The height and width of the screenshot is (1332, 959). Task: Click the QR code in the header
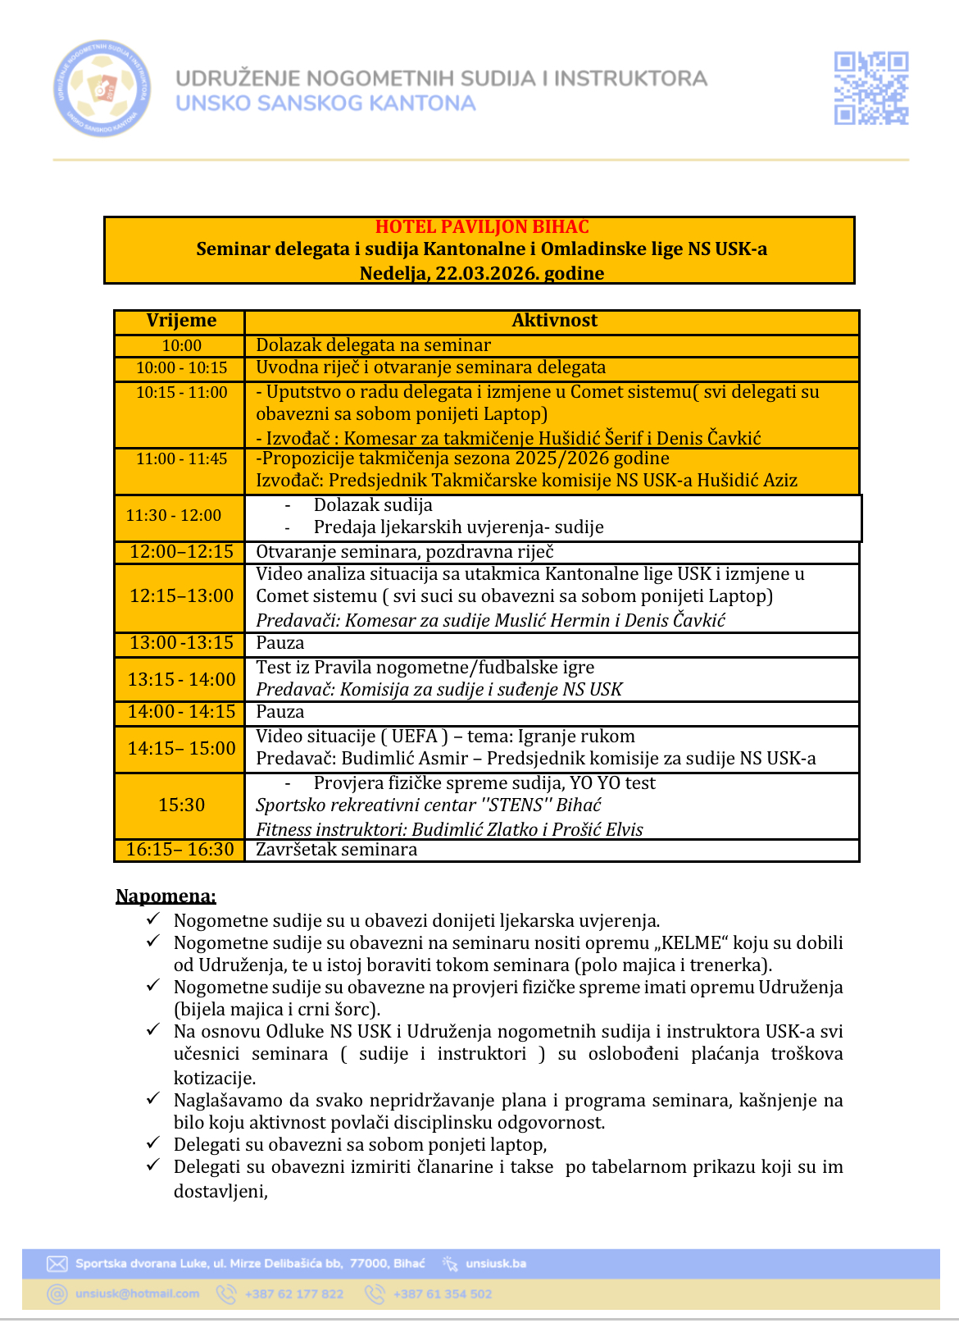point(870,88)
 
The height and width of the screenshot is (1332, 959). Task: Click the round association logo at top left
point(102,88)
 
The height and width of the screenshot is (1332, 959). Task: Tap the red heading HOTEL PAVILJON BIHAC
point(482,227)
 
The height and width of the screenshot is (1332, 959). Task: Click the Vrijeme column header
point(181,321)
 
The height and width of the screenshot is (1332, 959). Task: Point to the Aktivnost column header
point(554,321)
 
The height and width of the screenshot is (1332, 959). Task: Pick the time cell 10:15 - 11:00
point(181,393)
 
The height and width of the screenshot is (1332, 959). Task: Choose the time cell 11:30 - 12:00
point(173,515)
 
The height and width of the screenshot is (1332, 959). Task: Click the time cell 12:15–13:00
point(181,596)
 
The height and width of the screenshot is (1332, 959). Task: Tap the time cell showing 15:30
point(181,805)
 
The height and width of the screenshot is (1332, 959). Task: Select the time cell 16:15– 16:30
point(180,850)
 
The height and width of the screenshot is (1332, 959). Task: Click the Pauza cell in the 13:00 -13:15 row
point(280,643)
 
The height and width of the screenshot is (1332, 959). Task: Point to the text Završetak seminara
point(336,850)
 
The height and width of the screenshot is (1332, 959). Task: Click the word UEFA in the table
point(415,737)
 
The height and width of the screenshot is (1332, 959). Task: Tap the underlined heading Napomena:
point(166,896)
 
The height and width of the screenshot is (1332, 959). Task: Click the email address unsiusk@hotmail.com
point(138,1294)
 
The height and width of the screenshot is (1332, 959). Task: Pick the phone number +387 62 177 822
point(294,1294)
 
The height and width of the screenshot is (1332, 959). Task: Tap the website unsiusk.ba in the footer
point(496,1263)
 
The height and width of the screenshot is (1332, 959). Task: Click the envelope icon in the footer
point(57,1263)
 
